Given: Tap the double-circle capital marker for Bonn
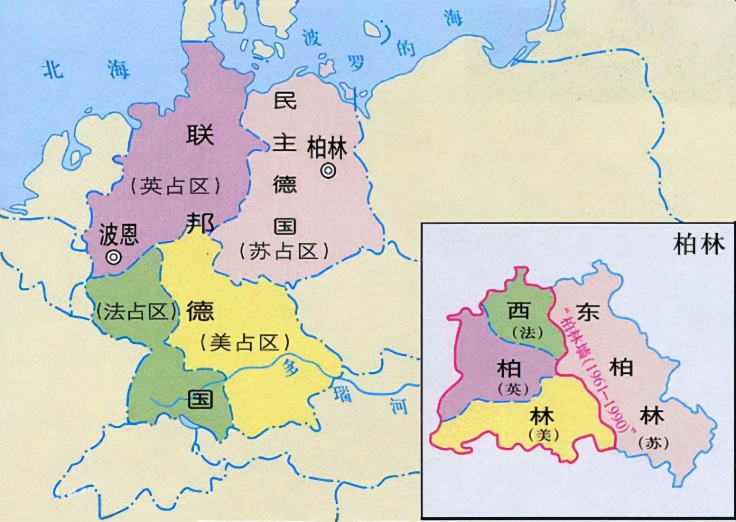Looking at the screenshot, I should (114, 257).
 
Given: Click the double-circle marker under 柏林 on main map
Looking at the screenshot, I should (328, 171).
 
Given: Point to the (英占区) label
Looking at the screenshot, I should (175, 186).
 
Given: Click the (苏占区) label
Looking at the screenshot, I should (284, 251).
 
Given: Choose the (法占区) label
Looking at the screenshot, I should (136, 311).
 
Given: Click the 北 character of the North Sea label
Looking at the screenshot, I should (53, 70).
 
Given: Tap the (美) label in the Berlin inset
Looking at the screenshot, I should (543, 435).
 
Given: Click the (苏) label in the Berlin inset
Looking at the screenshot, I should (650, 443).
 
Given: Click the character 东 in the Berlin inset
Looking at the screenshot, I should (588, 311).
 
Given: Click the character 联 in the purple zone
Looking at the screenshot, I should (200, 136).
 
